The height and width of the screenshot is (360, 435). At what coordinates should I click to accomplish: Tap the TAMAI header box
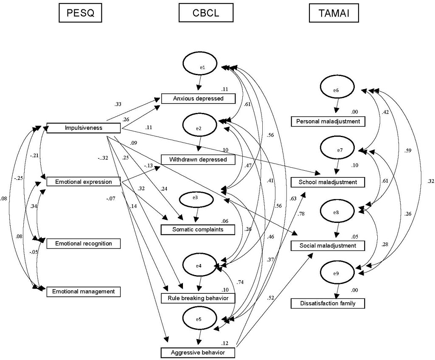tap(333, 14)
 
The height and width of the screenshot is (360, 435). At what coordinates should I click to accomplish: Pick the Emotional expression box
tap(84, 182)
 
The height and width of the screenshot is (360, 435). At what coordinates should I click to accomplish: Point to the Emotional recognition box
tap(83, 244)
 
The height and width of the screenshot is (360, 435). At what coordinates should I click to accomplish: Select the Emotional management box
tap(83, 292)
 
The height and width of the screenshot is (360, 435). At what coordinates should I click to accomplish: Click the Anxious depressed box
tap(198, 99)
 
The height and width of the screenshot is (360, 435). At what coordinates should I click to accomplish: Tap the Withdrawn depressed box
tap(198, 160)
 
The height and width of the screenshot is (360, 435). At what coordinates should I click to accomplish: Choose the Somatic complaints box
tap(198, 230)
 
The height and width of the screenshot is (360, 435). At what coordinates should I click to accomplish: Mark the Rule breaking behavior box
tap(198, 298)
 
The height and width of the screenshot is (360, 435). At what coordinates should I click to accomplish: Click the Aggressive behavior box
tap(198, 352)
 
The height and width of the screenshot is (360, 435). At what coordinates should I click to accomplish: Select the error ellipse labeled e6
tap(336, 90)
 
